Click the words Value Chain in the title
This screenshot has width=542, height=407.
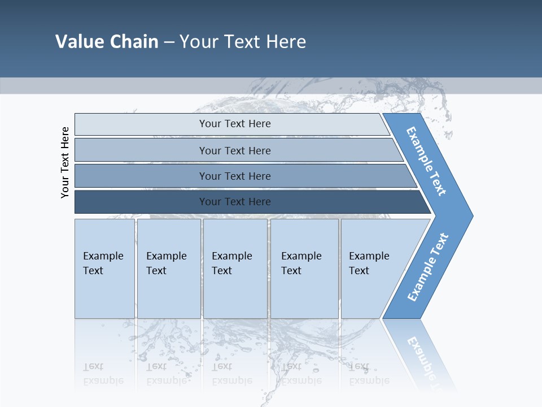pos(107,42)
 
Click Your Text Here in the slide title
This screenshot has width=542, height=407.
pos(243,42)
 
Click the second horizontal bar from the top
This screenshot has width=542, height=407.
pos(235,150)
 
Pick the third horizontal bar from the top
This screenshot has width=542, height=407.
pos(235,176)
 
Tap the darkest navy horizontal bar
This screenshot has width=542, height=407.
pos(235,202)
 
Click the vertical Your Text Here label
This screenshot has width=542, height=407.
pos(65,162)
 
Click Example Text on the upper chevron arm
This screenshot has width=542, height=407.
pos(427,161)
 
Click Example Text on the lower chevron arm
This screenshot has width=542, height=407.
pos(428,267)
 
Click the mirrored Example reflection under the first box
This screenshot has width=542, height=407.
pos(103,380)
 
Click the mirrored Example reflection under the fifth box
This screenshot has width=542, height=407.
pos(369,380)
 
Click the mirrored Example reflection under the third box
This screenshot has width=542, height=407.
pos(232,380)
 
